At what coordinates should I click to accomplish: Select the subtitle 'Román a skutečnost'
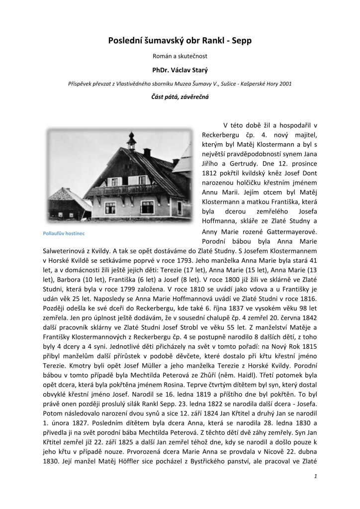[x=180, y=54]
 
